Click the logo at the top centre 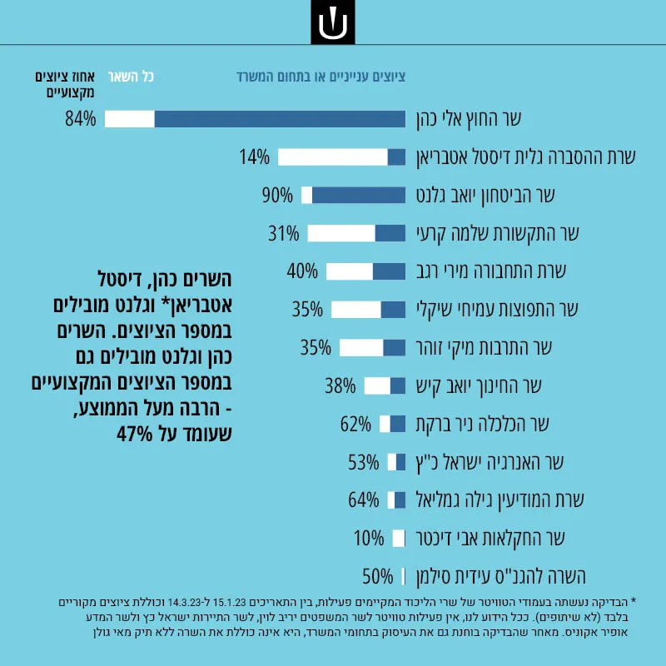point(332,22)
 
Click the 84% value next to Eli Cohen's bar point(80,119)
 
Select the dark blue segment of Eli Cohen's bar point(280,119)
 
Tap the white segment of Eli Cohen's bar point(130,119)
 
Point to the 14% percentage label point(254,157)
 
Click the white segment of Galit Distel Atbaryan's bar point(333,157)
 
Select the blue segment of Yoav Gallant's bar point(359,196)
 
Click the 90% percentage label point(277,196)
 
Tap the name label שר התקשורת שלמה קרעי point(498,234)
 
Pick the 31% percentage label point(283,234)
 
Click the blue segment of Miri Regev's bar point(389,271)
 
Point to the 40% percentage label point(302,271)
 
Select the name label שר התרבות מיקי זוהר point(485,348)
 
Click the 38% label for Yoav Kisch point(340,386)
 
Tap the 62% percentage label point(355,425)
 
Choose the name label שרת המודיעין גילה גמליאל point(500,500)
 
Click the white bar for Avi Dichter point(399,539)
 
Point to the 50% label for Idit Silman point(378,577)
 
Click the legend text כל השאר point(131,77)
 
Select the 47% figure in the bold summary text point(135,434)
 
